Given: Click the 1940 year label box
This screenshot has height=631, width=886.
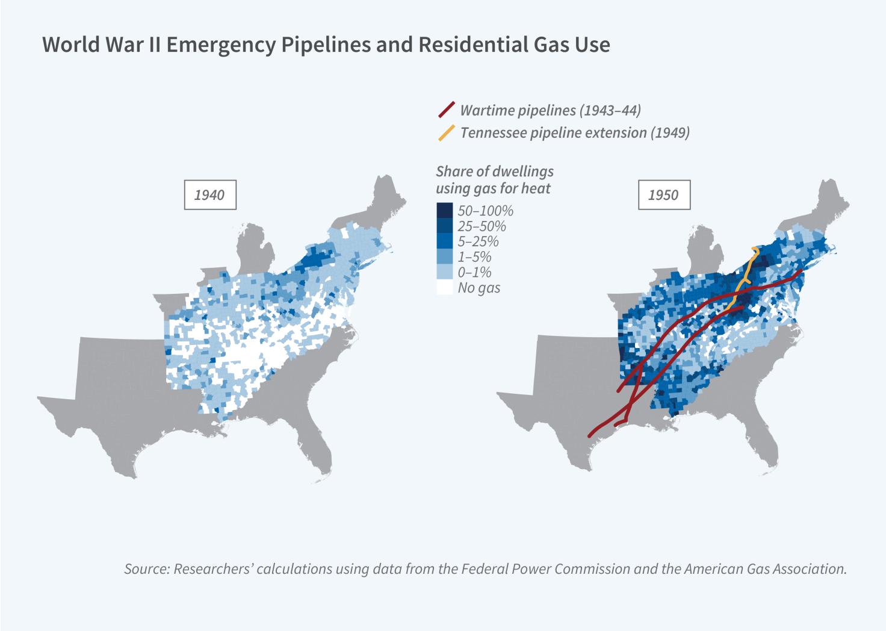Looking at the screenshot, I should pyautogui.click(x=209, y=194).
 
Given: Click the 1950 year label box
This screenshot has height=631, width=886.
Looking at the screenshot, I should pyautogui.click(x=663, y=194).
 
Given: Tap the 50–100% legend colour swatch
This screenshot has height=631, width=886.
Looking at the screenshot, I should pyautogui.click(x=444, y=211).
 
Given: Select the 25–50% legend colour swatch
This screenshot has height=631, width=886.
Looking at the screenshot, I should pyautogui.click(x=444, y=226).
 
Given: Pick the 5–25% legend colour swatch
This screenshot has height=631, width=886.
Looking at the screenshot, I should pyautogui.click(x=444, y=241).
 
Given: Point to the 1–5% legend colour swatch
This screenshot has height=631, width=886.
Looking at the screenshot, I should pyautogui.click(x=444, y=257).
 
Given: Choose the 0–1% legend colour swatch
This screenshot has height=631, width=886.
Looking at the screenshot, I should pyautogui.click(x=444, y=272).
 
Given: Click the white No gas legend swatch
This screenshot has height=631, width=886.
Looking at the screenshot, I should pyautogui.click(x=444, y=288).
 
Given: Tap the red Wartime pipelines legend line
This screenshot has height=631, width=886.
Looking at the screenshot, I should pyautogui.click(x=446, y=110).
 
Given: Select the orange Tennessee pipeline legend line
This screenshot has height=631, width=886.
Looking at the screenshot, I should pyautogui.click(x=446, y=132).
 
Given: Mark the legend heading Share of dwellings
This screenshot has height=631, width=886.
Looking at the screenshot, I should pyautogui.click(x=494, y=172).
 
